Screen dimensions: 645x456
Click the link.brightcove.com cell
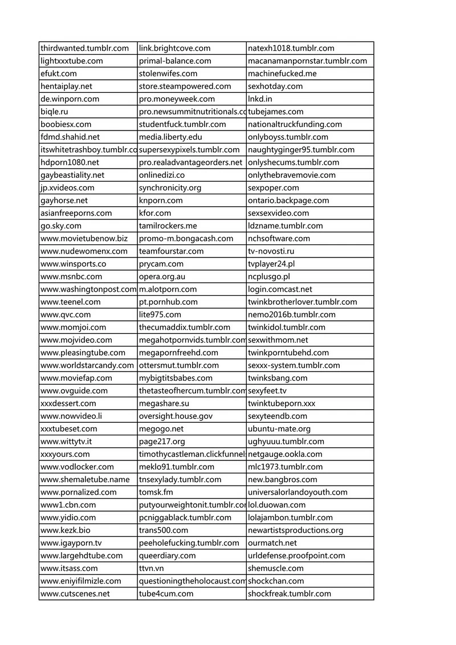(x=174, y=48)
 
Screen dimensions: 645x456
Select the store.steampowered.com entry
(x=185, y=87)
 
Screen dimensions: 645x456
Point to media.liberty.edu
(x=170, y=137)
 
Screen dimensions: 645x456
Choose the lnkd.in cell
(x=260, y=99)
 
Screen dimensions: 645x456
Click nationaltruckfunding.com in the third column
(x=295, y=124)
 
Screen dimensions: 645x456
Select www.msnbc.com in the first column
(x=71, y=277)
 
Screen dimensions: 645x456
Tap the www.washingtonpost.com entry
(x=88, y=289)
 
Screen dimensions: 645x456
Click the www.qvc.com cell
(x=66, y=315)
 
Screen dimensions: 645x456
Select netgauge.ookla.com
(x=285, y=454)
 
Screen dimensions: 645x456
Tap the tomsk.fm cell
(x=156, y=492)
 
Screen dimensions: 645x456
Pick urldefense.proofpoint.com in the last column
(x=296, y=556)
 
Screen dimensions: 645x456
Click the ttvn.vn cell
(x=152, y=568)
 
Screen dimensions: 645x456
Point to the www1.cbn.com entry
(x=68, y=505)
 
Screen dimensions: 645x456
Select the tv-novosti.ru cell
(x=271, y=251)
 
